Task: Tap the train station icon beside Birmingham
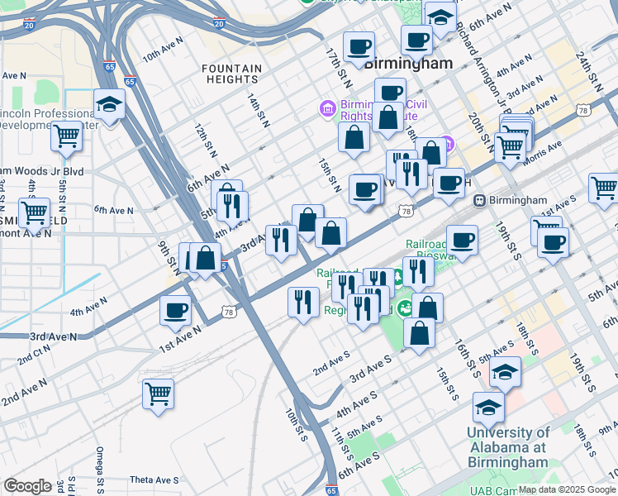tap(478, 200)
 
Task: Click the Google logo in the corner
tap(26, 486)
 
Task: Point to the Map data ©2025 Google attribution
tap(568, 489)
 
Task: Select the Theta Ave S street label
tap(154, 479)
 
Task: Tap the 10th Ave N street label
tap(162, 57)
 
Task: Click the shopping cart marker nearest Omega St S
tap(158, 393)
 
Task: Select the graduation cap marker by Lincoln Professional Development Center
tap(109, 105)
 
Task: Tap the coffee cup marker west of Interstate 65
tap(175, 311)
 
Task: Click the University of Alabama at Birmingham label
tap(507, 446)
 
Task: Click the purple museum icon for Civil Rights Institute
tap(327, 108)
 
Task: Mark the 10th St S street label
tap(295, 424)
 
